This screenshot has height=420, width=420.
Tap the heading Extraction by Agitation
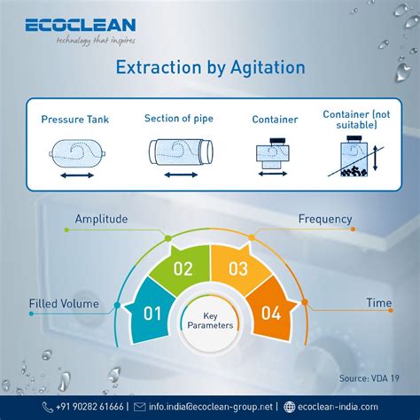[209, 68]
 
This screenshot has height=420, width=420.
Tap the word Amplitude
[101, 219]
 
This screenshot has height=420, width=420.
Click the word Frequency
[325, 219]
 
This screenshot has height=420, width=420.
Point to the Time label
[378, 303]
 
